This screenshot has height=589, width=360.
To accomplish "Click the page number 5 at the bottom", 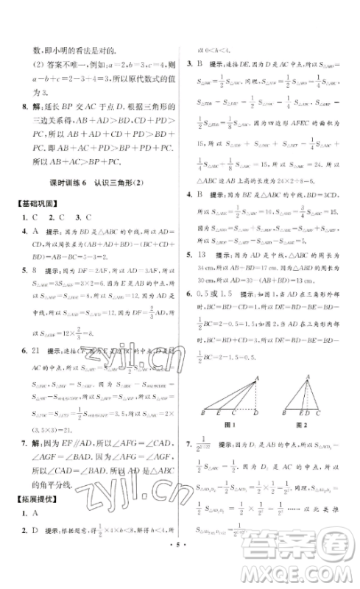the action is click(180, 571).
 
